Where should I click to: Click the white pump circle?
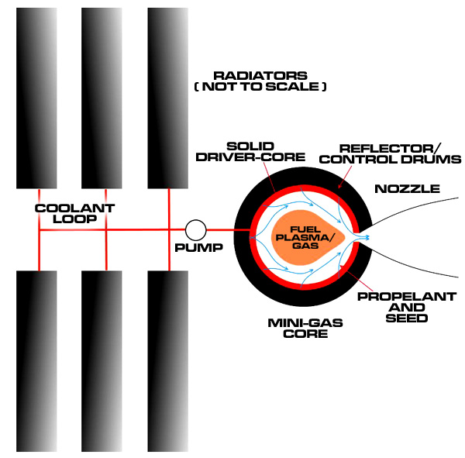point(196,230)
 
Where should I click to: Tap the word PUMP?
point(198,248)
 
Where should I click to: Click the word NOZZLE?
point(407,189)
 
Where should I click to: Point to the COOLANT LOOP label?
point(74,214)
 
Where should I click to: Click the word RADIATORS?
point(260,76)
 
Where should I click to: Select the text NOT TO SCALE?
point(260,87)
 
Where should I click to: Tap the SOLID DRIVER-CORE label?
point(250,152)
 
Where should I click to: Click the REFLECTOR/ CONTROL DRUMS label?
point(391,154)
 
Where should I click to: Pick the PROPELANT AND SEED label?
point(407,308)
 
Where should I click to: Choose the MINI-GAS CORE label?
point(305,328)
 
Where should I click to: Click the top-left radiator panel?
point(36,98)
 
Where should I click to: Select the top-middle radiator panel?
point(102,98)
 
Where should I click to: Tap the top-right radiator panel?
point(168,98)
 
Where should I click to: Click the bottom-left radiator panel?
point(36,361)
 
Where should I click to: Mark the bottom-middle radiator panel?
point(102,361)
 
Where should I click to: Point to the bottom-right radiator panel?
point(168,361)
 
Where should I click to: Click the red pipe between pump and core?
point(229,230)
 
